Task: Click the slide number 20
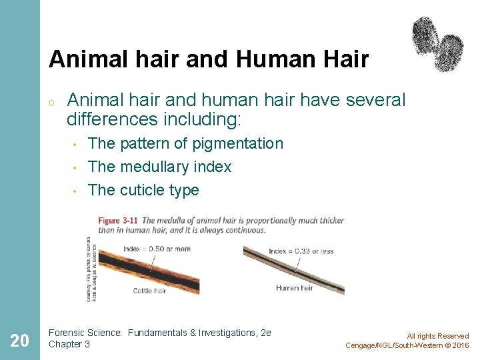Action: [x=20, y=341]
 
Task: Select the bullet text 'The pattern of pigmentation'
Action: [x=185, y=143]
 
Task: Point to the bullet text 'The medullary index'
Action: [x=159, y=167]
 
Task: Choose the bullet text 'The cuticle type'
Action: [x=143, y=190]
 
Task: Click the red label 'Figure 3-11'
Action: [x=119, y=220]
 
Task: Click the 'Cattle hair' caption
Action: [x=150, y=291]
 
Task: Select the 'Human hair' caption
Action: [x=295, y=288]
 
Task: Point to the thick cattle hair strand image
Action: [x=147, y=270]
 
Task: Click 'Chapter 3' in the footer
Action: [x=69, y=344]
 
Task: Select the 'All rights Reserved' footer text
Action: [x=437, y=336]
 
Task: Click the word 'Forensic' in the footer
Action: [x=67, y=333]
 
